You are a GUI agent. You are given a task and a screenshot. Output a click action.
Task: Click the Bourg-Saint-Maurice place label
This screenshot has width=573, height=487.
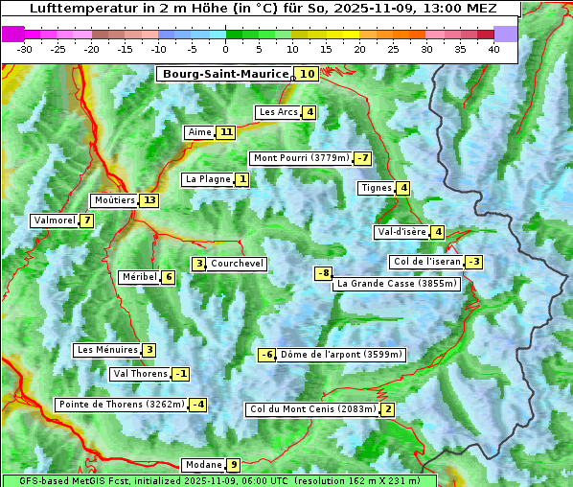[x=225, y=74]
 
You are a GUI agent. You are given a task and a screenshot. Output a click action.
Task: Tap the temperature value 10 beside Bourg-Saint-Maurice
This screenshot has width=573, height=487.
[x=307, y=74]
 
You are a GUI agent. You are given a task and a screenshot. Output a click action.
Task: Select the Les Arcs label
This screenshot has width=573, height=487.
[x=279, y=112]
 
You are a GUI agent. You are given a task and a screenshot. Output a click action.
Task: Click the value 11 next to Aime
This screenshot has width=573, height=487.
[x=225, y=132]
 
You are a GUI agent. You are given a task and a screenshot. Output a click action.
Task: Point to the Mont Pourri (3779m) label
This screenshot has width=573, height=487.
[x=300, y=158]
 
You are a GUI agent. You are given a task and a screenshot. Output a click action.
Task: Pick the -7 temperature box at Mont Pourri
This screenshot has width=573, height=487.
[x=362, y=158]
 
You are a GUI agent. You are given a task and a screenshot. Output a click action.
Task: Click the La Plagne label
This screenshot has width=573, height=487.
[x=208, y=179]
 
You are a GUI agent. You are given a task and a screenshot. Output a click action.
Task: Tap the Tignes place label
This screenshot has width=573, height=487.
[x=376, y=188]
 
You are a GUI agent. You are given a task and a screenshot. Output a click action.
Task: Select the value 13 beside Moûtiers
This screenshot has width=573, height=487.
[x=149, y=200]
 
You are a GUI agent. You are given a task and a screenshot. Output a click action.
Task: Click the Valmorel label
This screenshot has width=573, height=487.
[x=54, y=220]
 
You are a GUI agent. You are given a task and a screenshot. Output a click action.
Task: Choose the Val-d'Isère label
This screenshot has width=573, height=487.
[x=401, y=232]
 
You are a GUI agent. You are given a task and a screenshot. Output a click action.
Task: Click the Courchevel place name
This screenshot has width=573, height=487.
[x=237, y=264]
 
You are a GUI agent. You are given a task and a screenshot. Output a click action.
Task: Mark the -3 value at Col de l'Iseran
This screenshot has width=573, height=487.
[x=473, y=262]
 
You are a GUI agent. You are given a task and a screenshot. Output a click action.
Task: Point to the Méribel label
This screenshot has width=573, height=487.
[x=139, y=277]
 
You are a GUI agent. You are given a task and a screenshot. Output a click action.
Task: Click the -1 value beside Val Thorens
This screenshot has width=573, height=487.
[x=180, y=374]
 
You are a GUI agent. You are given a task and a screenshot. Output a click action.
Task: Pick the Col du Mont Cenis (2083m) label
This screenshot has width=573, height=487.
[x=311, y=409]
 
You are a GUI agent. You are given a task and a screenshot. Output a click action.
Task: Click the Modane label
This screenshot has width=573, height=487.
[x=202, y=465]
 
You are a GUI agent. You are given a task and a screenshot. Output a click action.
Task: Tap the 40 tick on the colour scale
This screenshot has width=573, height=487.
[x=493, y=49]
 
